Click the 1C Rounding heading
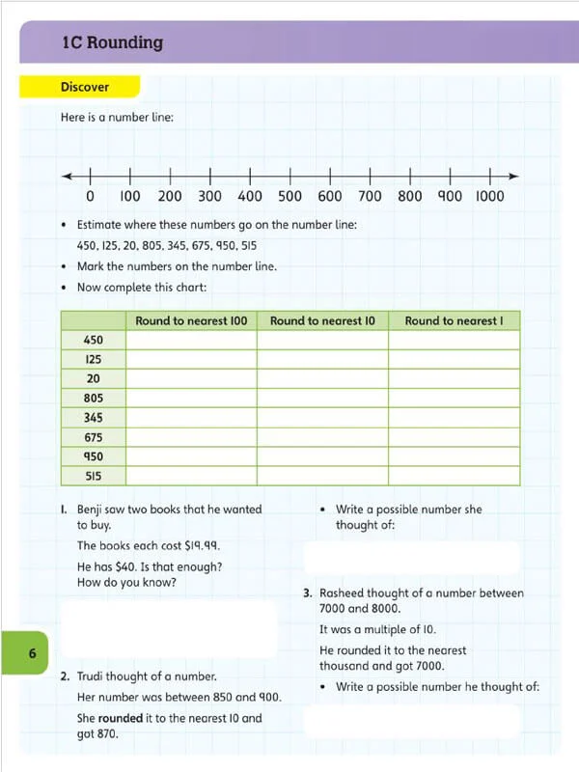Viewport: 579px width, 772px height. (112, 42)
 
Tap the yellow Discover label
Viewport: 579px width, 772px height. (85, 87)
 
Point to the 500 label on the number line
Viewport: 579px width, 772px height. (289, 196)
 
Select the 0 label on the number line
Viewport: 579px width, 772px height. (90, 196)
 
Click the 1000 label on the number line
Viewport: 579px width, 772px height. (489, 196)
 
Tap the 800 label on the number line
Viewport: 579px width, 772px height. (410, 196)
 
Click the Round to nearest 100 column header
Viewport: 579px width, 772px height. (191, 320)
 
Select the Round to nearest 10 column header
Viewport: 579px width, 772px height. (322, 320)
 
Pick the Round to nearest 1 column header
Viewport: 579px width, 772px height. (454, 320)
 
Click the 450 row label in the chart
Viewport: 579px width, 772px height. (93, 340)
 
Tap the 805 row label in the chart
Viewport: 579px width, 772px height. (93, 398)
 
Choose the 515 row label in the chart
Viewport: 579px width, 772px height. (93, 476)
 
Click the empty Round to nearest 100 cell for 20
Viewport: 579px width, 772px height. (191, 378)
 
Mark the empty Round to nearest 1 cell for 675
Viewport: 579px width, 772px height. (454, 437)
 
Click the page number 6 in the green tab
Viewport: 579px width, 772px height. (32, 654)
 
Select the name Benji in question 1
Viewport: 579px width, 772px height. (94, 509)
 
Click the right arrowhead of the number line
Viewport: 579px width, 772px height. (514, 177)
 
